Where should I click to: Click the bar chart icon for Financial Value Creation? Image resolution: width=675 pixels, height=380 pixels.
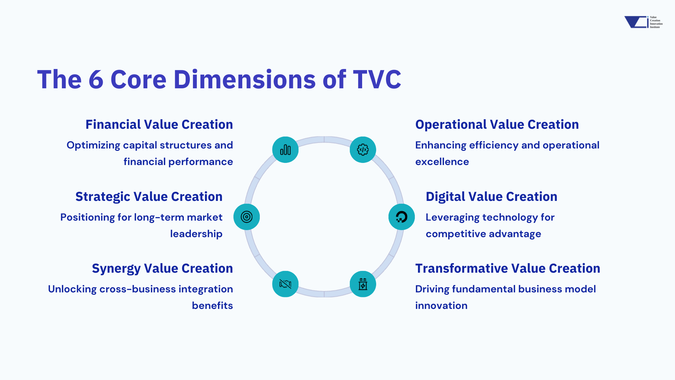pos(285,150)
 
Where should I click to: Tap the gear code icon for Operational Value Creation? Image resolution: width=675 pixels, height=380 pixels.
pos(363,150)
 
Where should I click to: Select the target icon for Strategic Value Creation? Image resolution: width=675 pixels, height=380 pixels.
pos(247,217)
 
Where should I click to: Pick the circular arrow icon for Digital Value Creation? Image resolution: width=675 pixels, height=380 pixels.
pos(401,217)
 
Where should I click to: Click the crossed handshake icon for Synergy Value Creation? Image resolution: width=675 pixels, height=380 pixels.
pos(285,284)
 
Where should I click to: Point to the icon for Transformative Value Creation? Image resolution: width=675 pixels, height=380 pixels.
pos(363,284)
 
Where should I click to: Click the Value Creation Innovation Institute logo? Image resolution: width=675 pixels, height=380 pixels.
pos(643,22)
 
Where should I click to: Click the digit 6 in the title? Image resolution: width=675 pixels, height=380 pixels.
pos(96,80)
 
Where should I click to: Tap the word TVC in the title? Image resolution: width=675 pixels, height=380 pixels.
pos(377,80)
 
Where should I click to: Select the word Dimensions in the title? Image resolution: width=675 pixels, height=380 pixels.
pos(245,80)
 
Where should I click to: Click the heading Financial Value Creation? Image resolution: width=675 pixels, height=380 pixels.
pos(159,125)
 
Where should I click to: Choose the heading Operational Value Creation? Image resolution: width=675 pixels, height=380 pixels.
pos(497,125)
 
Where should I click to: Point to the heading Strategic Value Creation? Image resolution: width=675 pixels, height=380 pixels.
pos(149,197)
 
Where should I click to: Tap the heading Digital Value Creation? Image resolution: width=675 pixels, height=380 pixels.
pos(491,197)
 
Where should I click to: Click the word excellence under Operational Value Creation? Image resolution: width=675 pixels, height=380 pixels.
pos(442,162)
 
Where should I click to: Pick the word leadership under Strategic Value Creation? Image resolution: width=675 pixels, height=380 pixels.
pos(196,234)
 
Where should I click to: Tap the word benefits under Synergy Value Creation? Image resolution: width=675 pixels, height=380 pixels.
pos(212,306)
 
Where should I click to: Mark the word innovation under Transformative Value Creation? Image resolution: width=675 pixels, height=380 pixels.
pos(441,306)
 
